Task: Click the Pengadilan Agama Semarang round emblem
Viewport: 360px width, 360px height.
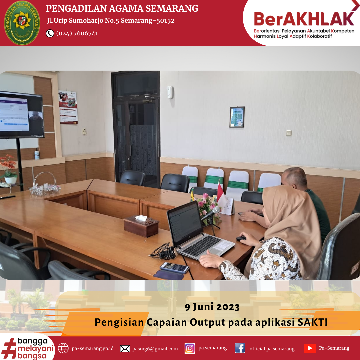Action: [x=22, y=23]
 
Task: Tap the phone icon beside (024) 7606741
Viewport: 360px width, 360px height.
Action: [x=50, y=34]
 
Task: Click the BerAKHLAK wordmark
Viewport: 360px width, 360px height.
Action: [x=304, y=19]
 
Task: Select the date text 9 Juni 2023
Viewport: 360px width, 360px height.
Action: [x=212, y=307]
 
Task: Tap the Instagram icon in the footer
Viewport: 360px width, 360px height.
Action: [x=190, y=348]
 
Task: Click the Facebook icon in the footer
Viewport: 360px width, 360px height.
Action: [x=240, y=348]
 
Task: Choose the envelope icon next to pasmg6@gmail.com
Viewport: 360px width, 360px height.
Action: [x=125, y=349]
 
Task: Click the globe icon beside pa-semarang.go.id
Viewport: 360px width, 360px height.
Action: [x=63, y=348]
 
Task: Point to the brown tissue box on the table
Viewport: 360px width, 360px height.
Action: [x=141, y=226]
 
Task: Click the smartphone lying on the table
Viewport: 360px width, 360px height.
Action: [x=175, y=267]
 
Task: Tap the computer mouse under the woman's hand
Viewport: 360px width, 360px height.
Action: [x=241, y=239]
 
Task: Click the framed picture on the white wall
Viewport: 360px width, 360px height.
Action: [x=237, y=117]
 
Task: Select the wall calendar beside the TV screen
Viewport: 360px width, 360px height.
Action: [x=68, y=107]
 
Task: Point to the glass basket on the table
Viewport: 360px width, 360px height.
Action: [x=45, y=184]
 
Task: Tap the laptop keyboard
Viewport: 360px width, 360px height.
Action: [x=202, y=246]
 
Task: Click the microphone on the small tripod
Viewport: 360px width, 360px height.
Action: [x=211, y=213]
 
